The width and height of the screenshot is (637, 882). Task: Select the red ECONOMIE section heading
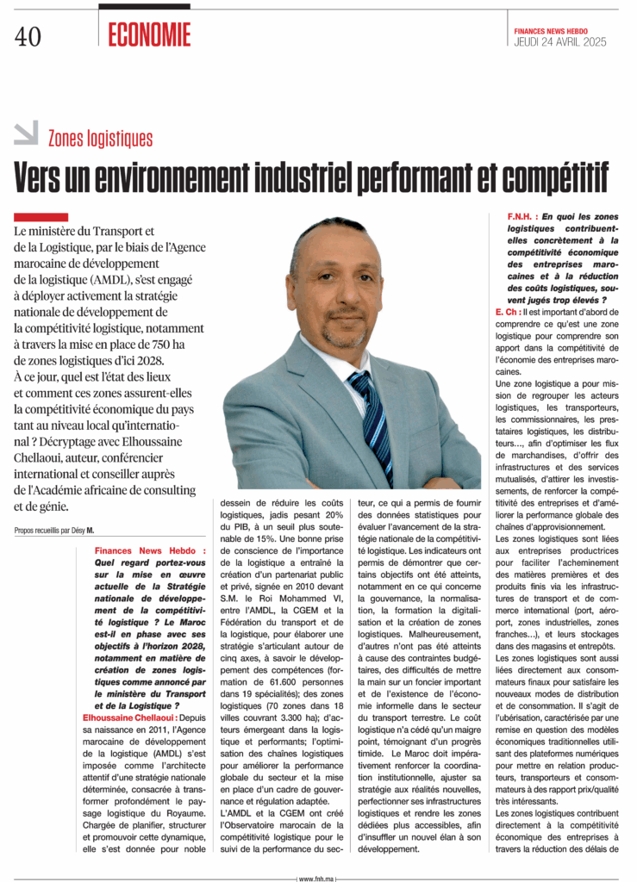point(149,34)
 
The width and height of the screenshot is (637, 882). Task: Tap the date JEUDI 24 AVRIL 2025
point(560,41)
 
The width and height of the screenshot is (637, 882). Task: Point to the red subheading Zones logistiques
point(100,139)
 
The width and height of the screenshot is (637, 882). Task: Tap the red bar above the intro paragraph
point(41,217)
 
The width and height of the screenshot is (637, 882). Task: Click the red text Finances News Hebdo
point(150,550)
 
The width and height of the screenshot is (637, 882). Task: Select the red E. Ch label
point(507,311)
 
